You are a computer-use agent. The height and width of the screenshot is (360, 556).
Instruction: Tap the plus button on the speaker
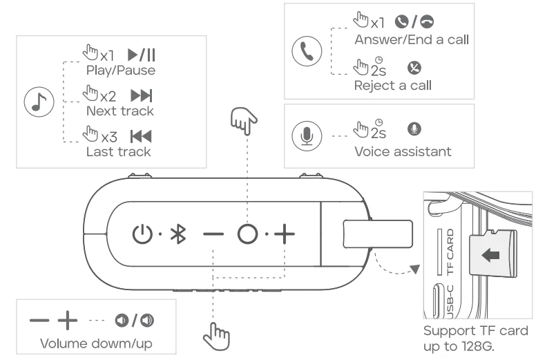pos(284,234)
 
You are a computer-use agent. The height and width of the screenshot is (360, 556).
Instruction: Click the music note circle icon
pos(36,102)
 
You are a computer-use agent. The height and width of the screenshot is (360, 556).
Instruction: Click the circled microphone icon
pos(306,136)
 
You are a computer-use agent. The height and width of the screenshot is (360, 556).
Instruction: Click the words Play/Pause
pos(120,70)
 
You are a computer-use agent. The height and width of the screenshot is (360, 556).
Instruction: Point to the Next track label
pos(120,111)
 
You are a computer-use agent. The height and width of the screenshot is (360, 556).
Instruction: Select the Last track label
pos(118,151)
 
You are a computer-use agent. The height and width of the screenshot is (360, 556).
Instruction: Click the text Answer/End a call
pos(412,39)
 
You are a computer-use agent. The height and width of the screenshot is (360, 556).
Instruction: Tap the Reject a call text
pos(393,86)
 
